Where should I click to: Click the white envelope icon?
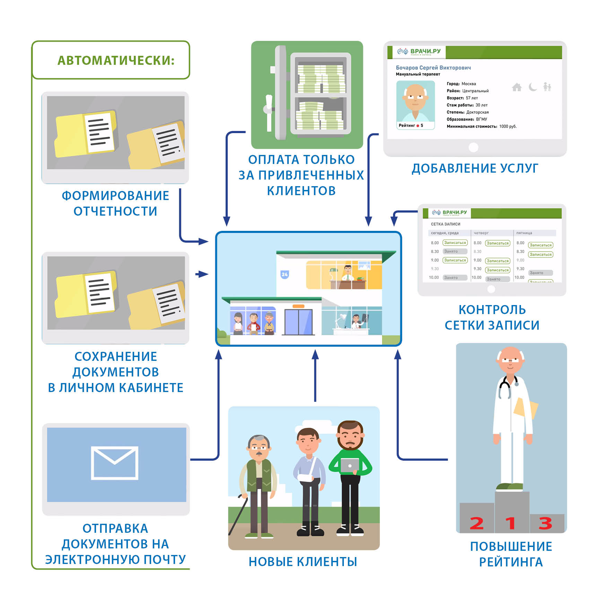pyautogui.click(x=114, y=463)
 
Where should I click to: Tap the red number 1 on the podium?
pyautogui.click(x=510, y=523)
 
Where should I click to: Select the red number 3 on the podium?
pyautogui.click(x=545, y=523)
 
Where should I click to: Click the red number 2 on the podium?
pyautogui.click(x=477, y=523)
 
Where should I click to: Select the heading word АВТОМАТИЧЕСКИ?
pyautogui.click(x=116, y=60)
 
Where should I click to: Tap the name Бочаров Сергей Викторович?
pyautogui.click(x=433, y=68)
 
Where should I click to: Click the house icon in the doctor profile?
pyautogui.click(x=516, y=87)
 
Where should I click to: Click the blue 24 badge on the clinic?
pyautogui.click(x=285, y=275)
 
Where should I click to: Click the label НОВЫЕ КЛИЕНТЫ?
pyautogui.click(x=303, y=562)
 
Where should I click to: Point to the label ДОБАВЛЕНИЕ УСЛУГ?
pyautogui.click(x=475, y=168)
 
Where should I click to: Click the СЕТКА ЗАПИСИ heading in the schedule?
pyautogui.click(x=445, y=224)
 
